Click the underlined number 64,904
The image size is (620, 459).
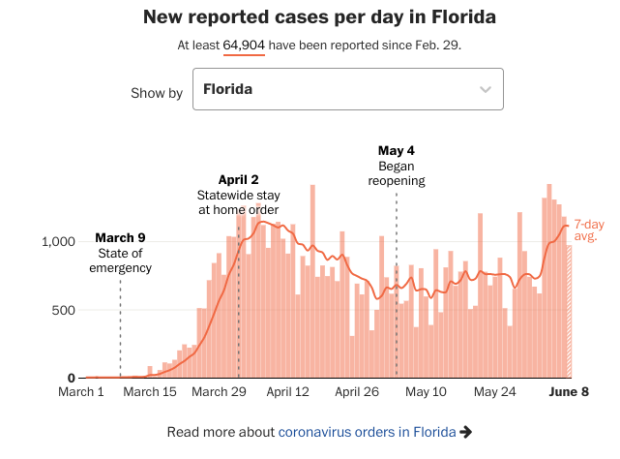pos(244,46)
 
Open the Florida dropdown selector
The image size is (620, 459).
pos(347,90)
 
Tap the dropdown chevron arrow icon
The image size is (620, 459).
pos(486,90)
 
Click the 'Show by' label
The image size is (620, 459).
pos(157,93)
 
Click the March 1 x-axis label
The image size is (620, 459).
pos(82,392)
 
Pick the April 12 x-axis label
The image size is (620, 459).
pos(287,392)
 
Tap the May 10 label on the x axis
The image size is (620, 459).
pos(426,392)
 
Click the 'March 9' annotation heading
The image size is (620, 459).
pos(120,238)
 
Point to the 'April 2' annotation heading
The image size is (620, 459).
pos(238,179)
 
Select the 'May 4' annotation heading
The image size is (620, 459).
pos(397,151)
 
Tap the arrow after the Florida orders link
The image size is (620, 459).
pos(466,432)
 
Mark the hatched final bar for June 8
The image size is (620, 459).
pos(569,311)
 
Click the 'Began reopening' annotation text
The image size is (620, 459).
pos(397,173)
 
